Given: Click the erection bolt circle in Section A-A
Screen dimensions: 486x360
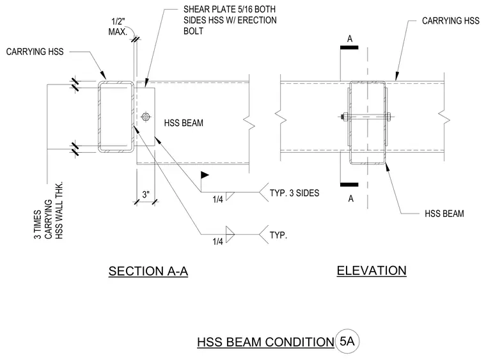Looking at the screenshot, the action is (x=146, y=117).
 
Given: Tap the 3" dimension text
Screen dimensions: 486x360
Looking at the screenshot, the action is (x=146, y=194).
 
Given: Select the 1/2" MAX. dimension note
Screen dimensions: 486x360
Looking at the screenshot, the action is (x=118, y=27).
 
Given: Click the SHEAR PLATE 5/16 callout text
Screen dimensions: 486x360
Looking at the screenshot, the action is (x=230, y=20).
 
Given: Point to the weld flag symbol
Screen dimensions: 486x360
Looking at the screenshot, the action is (x=205, y=175).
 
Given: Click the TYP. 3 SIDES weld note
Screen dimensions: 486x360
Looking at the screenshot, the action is (x=294, y=193).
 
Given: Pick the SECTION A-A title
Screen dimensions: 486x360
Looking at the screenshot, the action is (x=148, y=271).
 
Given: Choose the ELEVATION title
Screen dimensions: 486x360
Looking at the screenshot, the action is (x=372, y=270).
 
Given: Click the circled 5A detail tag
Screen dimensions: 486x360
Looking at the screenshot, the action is (x=347, y=341).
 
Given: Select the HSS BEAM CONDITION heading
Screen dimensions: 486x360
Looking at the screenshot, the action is (x=265, y=342).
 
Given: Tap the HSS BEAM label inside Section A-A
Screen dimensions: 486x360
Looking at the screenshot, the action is (x=184, y=123).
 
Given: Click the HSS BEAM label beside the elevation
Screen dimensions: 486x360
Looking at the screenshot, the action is (x=444, y=214).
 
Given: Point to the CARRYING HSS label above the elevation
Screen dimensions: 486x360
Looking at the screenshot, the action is (x=451, y=20).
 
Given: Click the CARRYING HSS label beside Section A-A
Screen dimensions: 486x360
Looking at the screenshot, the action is (x=35, y=51).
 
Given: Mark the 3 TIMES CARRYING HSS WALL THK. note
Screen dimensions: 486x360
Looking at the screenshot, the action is (x=49, y=210).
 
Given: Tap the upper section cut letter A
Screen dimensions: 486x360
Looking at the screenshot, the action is (x=350, y=39).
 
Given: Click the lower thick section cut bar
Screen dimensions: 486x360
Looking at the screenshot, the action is (x=349, y=185).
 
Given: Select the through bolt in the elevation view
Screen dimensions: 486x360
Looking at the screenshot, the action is (x=366, y=117).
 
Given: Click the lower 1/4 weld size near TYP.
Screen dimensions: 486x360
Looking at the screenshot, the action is (x=217, y=241).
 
